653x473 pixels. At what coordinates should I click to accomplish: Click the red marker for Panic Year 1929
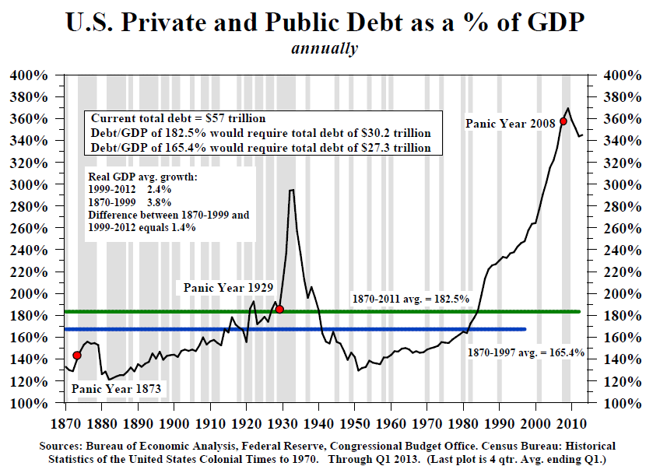click(x=279, y=309)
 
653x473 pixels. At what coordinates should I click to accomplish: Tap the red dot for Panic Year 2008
click(x=563, y=121)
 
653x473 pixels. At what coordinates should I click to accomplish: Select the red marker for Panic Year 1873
click(x=76, y=356)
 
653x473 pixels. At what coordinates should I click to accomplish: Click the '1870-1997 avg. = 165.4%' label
click(x=526, y=352)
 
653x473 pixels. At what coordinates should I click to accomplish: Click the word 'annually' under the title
click(x=325, y=48)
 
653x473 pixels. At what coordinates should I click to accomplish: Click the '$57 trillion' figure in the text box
click(x=232, y=118)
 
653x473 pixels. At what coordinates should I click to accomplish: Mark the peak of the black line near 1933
click(x=291, y=190)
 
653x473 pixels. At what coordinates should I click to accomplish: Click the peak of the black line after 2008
click(x=567, y=108)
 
